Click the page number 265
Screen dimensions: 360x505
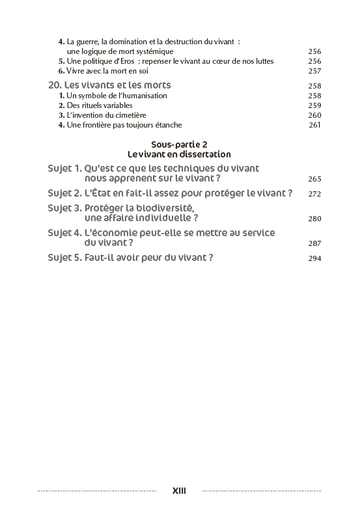(314, 179)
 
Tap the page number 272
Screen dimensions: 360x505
(314, 194)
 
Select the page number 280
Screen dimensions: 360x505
(314, 219)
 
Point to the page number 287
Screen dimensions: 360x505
(314, 243)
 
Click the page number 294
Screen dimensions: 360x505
(314, 258)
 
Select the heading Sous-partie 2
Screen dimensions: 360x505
(179, 144)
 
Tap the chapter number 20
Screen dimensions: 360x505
(55, 85)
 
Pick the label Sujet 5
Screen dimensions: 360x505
(64, 257)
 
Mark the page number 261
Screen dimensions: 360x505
(314, 125)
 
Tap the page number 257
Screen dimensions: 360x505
(314, 71)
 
